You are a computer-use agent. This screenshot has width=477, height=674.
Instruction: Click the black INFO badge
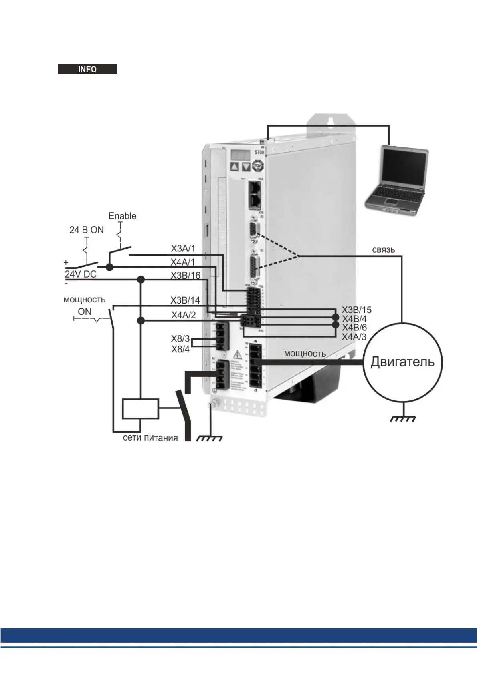[x=87, y=69]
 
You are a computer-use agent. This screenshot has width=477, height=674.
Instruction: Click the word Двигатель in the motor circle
[x=402, y=362]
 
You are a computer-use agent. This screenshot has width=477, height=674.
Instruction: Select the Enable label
[x=122, y=216]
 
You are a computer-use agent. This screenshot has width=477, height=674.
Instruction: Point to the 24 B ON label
[x=87, y=230]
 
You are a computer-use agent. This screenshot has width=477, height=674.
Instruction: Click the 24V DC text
[x=81, y=274]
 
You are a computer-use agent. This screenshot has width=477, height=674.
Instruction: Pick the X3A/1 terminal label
[x=183, y=249]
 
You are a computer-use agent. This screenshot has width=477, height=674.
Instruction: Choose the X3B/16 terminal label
[x=185, y=276]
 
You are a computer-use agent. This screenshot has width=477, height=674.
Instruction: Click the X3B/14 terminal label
[x=185, y=300]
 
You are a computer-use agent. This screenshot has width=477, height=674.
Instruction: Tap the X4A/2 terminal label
[x=184, y=315]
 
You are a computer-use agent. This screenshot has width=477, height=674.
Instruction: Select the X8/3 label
[x=180, y=339]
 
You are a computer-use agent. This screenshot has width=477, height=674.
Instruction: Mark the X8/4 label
[x=180, y=349]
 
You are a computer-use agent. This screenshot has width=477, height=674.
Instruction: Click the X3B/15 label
[x=356, y=310]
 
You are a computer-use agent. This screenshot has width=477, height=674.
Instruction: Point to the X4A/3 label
[x=354, y=337]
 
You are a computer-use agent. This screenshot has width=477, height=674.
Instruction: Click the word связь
[x=383, y=250]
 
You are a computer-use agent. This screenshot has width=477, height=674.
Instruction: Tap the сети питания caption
[x=150, y=438]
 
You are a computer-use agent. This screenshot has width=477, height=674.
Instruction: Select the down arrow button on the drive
[x=246, y=167]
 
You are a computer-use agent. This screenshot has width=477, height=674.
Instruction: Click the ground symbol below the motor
[x=403, y=418]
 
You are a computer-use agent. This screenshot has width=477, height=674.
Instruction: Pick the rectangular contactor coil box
[x=140, y=408]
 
